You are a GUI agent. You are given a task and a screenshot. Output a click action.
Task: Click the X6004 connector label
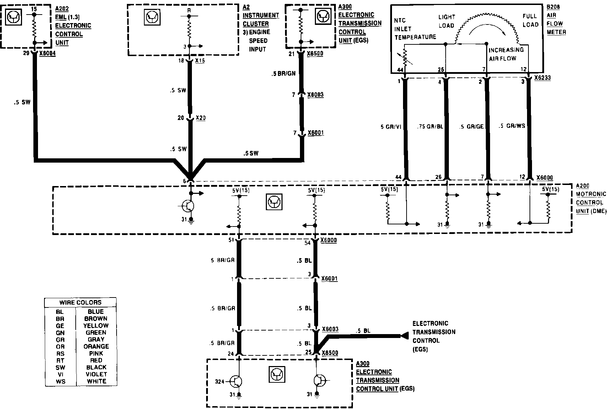(48, 54)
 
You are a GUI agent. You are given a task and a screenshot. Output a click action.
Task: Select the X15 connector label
(200, 61)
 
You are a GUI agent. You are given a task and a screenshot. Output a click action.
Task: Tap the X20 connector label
(200, 118)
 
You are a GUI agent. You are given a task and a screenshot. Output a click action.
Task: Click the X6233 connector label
(542, 78)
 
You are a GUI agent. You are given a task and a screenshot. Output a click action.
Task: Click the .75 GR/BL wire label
(430, 126)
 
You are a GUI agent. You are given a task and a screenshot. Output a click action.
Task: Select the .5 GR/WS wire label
(512, 126)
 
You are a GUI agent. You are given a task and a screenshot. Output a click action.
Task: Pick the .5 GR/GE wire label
(471, 126)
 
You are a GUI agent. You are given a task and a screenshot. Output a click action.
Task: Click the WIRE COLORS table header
(80, 302)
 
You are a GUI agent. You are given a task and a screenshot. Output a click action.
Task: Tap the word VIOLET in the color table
(96, 374)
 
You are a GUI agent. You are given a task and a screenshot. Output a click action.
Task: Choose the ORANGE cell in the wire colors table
(96, 347)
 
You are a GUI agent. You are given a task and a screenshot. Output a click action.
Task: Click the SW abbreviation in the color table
(60, 367)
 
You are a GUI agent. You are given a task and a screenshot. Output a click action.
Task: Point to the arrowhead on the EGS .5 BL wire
(404, 336)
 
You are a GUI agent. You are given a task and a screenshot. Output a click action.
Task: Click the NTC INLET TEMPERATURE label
(415, 29)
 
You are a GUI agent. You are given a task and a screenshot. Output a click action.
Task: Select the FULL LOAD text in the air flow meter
(531, 20)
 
